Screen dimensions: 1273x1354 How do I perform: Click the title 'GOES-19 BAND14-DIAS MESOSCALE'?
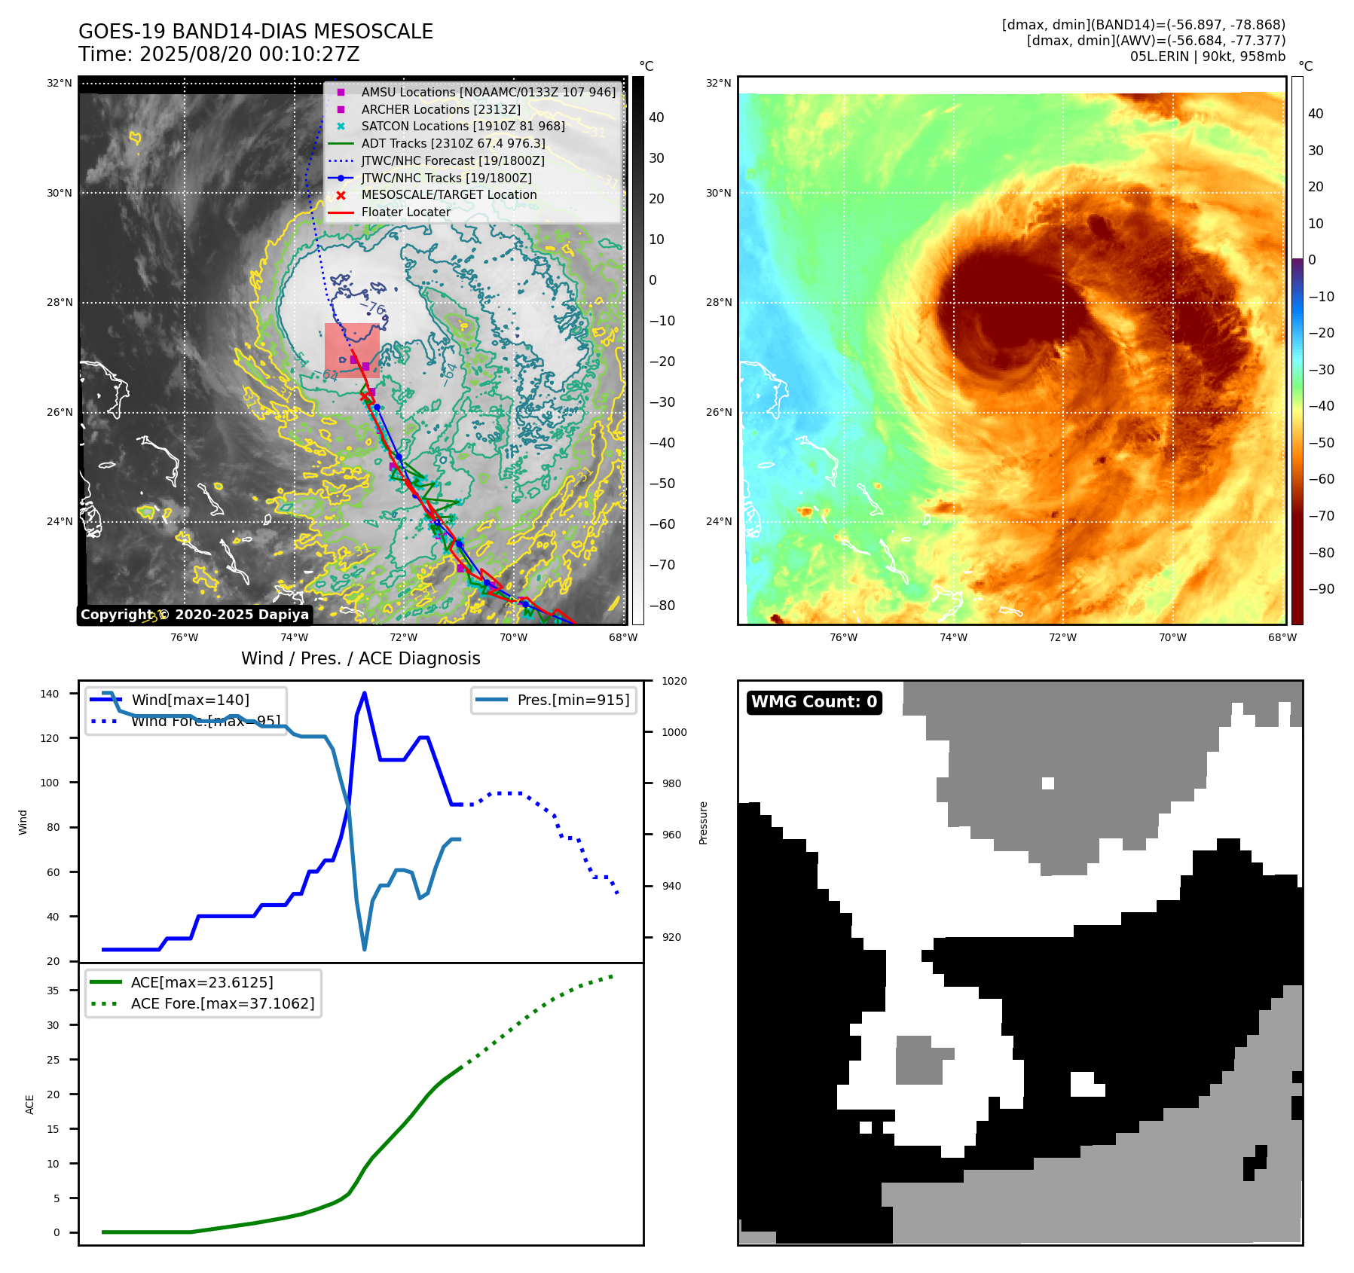tap(255, 32)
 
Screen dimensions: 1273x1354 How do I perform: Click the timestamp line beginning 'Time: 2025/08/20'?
tap(219, 54)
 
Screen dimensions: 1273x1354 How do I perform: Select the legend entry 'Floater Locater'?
tap(405, 212)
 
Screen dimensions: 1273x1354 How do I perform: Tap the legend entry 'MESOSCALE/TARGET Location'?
tap(448, 194)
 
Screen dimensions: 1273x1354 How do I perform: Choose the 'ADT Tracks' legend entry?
tap(453, 143)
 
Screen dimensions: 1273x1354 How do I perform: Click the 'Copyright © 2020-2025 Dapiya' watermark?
tap(194, 615)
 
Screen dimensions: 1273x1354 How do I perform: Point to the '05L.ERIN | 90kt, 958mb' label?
tap(1207, 56)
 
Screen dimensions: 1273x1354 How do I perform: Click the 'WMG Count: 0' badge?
tap(814, 702)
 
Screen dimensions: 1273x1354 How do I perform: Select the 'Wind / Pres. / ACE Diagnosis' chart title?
tap(360, 658)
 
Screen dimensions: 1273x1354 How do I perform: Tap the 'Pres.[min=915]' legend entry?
tap(573, 700)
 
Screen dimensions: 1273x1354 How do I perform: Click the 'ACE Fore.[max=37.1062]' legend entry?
tap(222, 1003)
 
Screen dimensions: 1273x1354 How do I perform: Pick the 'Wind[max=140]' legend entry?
tap(190, 700)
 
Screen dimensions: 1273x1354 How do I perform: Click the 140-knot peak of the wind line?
tap(365, 693)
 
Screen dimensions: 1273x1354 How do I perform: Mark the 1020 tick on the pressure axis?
tap(674, 681)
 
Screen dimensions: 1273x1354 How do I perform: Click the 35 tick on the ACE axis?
tap(53, 991)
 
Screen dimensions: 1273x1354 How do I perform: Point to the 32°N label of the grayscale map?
tap(59, 83)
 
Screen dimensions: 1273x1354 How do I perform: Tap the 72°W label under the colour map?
tap(1062, 637)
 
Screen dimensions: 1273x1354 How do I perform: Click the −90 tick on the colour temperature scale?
tap(1321, 589)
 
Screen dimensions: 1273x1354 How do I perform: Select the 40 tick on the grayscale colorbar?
tap(656, 117)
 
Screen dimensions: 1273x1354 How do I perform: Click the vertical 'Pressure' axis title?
tap(703, 822)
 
